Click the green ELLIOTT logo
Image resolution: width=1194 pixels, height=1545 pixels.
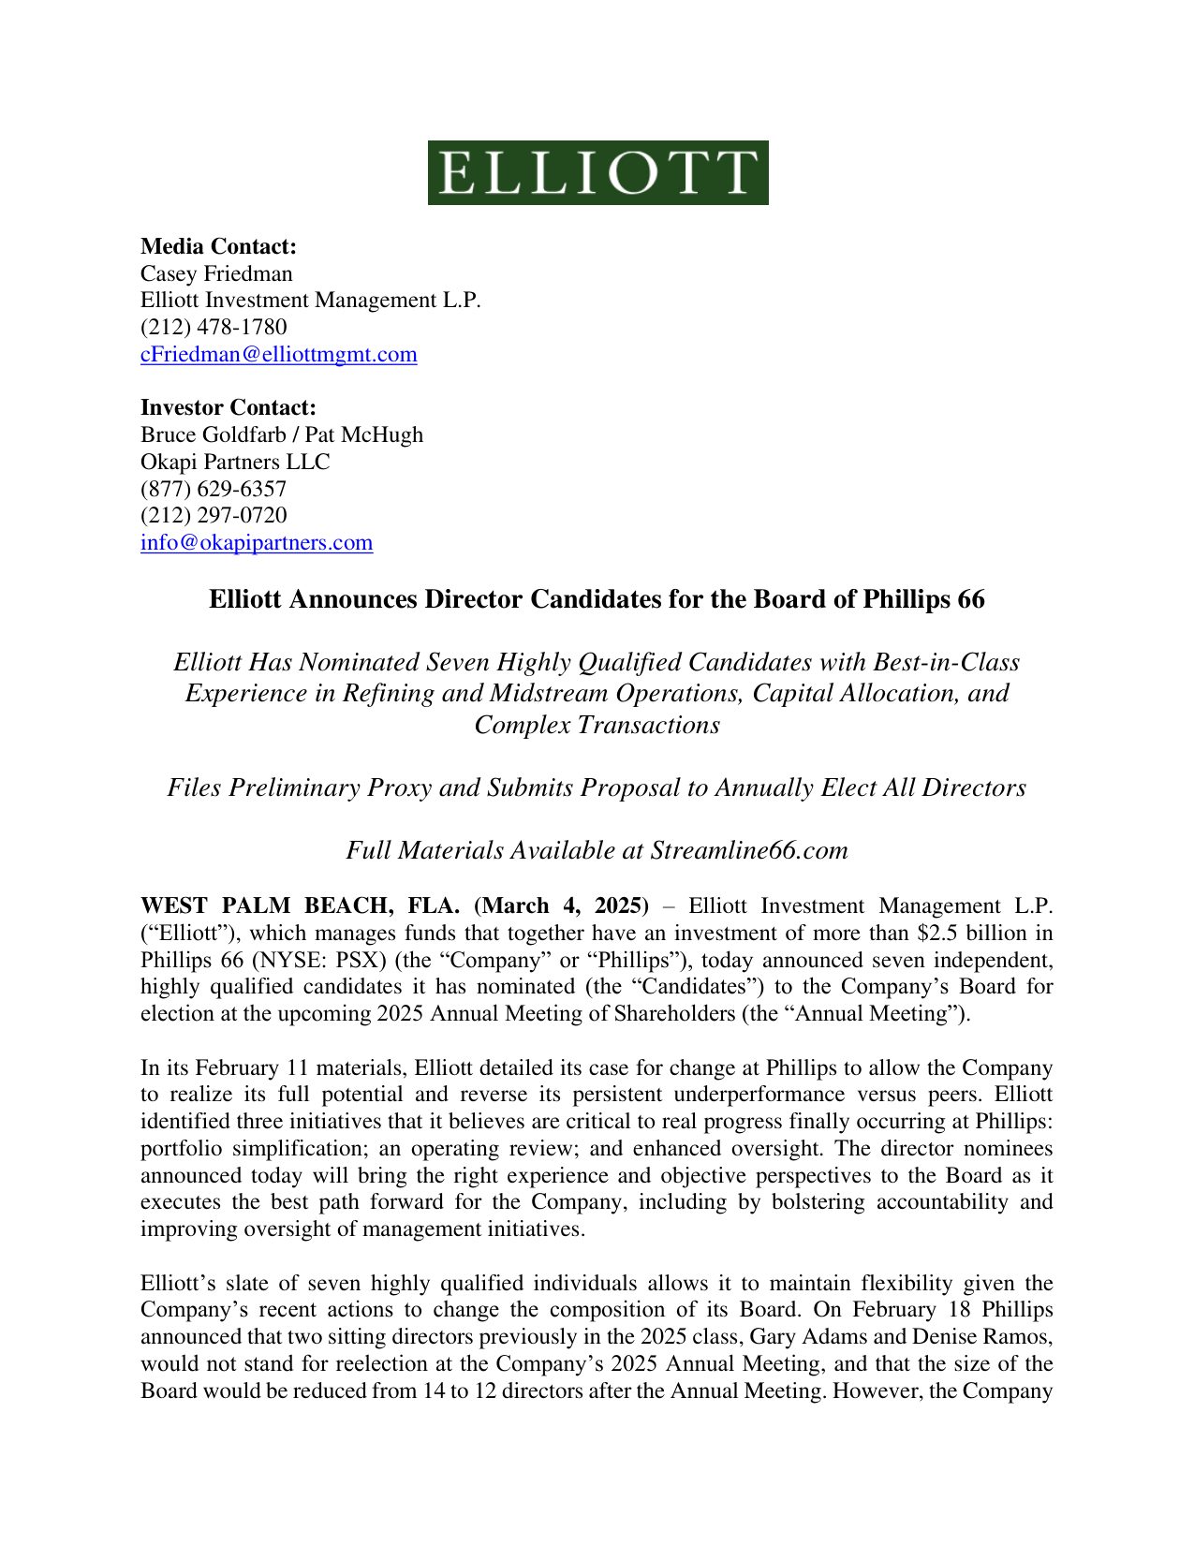coord(597,173)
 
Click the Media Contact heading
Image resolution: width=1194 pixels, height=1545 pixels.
coord(218,246)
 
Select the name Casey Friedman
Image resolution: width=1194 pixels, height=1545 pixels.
coord(216,273)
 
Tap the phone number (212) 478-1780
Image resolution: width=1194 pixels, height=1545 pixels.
coord(214,327)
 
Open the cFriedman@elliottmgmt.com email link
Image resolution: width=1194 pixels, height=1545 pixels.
coord(278,354)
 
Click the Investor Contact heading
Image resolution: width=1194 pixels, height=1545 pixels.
coord(228,407)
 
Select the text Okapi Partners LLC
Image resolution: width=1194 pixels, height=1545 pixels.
coord(235,462)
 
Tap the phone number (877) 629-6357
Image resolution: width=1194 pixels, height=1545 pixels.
coord(214,489)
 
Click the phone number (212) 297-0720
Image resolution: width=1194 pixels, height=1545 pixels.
coord(214,515)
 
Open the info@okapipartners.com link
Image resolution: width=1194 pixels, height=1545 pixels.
coord(257,542)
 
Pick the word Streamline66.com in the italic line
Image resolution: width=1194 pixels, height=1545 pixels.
coord(749,850)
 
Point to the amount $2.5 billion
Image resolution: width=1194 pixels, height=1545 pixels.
coord(969,934)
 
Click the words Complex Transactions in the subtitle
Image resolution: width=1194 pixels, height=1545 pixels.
coord(597,725)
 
